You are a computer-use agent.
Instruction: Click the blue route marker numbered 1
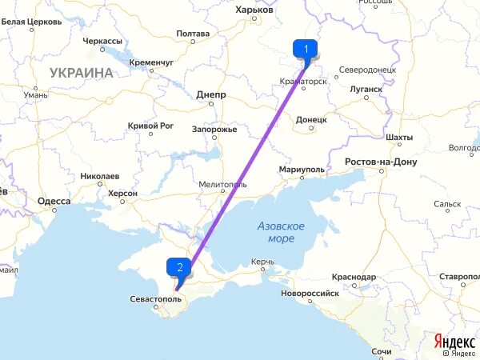coord(306,49)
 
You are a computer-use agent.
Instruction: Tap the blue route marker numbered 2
coord(179,268)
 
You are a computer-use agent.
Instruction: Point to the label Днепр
coord(211,94)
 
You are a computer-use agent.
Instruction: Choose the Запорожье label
coord(213,130)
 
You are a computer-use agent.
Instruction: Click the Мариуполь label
coord(302,170)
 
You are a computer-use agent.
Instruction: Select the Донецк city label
coord(311,119)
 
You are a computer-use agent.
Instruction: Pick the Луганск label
coord(366,89)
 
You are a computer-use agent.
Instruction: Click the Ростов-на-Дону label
coord(381,162)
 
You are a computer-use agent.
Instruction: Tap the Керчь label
coord(262,262)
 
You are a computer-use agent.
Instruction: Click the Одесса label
coord(54,202)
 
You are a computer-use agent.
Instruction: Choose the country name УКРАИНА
coord(82,73)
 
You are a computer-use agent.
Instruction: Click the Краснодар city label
coord(352,277)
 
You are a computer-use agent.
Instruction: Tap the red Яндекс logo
coord(454,341)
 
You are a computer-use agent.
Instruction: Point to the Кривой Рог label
coord(150,126)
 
